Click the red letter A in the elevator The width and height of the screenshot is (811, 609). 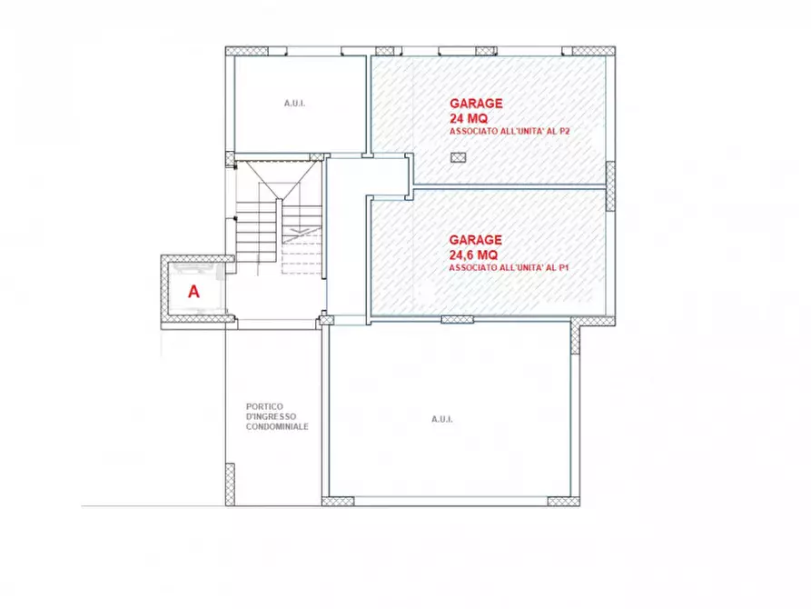point(193,292)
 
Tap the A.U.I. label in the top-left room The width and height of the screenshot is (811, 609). point(294,104)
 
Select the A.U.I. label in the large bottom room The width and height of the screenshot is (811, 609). point(442,419)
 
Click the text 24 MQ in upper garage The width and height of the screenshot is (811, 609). point(469,118)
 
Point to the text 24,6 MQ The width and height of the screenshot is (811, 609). point(473,255)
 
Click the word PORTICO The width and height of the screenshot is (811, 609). point(264,406)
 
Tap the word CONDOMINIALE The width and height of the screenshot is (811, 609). point(277,426)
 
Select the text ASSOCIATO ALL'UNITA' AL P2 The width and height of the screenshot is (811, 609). point(509,132)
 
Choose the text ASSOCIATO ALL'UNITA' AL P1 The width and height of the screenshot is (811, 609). point(509,268)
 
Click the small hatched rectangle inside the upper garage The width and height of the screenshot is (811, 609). point(459,157)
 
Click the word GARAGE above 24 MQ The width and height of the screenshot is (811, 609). point(476,104)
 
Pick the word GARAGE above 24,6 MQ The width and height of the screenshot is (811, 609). point(475,240)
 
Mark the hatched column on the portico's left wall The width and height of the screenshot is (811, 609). point(230,484)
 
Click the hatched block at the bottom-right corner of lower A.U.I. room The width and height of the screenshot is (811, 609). point(563,501)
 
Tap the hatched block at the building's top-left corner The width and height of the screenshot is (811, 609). point(247,51)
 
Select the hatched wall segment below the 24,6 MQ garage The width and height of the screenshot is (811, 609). point(457,320)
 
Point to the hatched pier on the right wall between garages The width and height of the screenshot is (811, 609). point(610,186)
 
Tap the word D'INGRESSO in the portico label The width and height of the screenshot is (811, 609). point(271,416)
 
